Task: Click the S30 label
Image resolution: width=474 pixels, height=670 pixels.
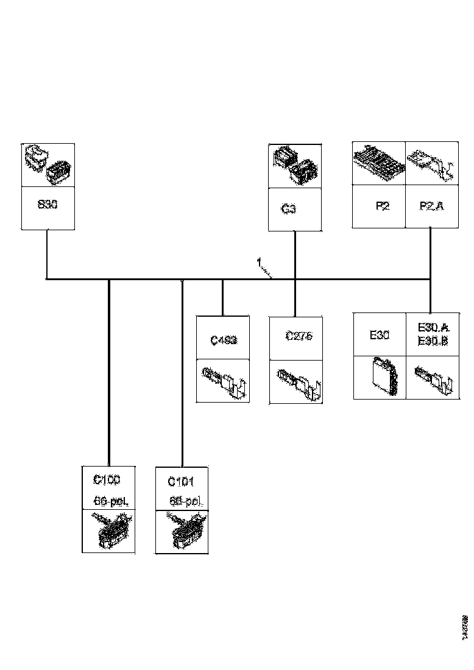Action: [48, 205]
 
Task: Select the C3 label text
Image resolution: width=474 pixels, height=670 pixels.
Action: [289, 209]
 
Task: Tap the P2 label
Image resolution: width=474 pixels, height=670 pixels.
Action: [382, 206]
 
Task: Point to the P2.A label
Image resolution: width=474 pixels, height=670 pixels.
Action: [432, 206]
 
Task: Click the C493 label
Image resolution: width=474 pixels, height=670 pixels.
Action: [223, 340]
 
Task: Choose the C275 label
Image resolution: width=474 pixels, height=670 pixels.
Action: [299, 336]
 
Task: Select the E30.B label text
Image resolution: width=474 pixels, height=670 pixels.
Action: [433, 342]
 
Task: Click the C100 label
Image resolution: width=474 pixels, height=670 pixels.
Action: [107, 480]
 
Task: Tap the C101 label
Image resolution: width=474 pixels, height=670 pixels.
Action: [181, 482]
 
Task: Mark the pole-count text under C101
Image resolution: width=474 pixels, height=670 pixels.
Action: [185, 502]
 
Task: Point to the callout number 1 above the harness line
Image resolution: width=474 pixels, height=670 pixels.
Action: [259, 263]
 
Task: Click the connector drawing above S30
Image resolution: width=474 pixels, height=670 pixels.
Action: [48, 164]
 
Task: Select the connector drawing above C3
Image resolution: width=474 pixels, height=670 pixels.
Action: [295, 165]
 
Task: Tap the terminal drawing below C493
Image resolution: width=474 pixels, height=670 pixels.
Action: [223, 380]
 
